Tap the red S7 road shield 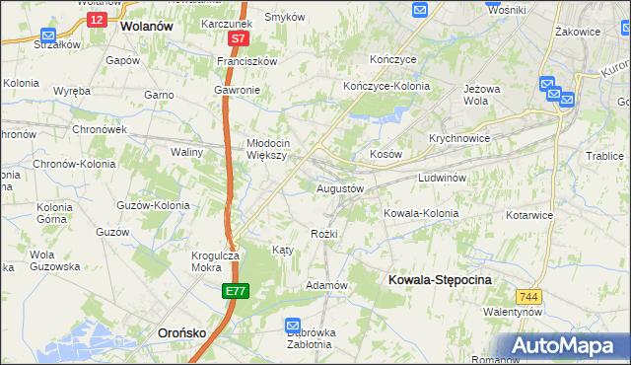pyautogui.click(x=238, y=39)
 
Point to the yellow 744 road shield pyautogui.click(x=529, y=295)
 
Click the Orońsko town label pyautogui.click(x=181, y=333)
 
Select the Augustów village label pyautogui.click(x=340, y=187)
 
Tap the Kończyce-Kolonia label pyautogui.click(x=382, y=87)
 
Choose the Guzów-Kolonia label pyautogui.click(x=153, y=205)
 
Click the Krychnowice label pyautogui.click(x=459, y=139)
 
